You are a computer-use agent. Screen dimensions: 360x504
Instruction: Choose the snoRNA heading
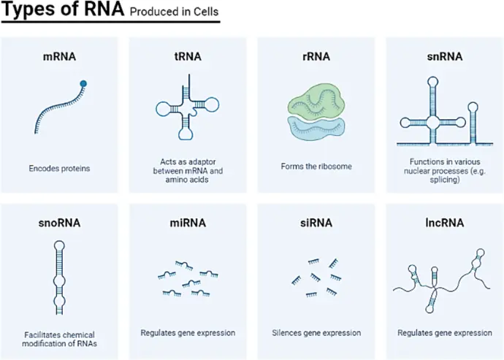click(60, 222)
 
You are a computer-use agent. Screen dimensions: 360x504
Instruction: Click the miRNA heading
click(188, 222)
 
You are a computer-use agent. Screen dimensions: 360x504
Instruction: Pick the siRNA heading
click(316, 222)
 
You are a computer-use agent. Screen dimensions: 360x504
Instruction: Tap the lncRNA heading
click(445, 222)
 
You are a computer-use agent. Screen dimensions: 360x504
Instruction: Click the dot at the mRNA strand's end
click(84, 83)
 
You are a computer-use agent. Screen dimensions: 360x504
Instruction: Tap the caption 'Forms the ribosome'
click(316, 166)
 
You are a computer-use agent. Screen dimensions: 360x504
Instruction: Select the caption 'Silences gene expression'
click(316, 333)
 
